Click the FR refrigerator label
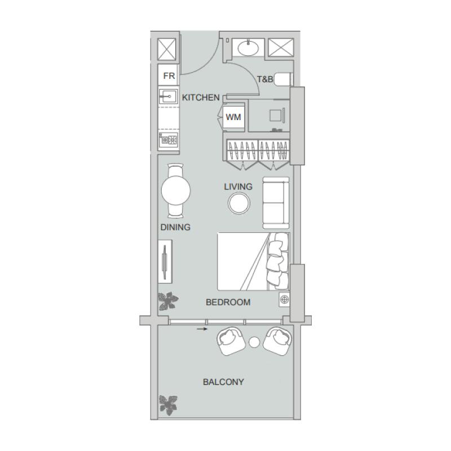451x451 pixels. (168, 76)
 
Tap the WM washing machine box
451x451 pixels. (233, 117)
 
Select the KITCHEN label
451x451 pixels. (201, 98)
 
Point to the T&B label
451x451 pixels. (265, 79)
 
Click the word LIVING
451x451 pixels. (238, 186)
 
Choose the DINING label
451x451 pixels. (175, 228)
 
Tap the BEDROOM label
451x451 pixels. (228, 302)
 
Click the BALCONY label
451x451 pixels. (223, 382)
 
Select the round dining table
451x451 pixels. (176, 191)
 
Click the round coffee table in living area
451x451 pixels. (238, 204)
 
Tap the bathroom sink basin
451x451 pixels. (247, 48)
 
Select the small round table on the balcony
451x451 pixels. (254, 342)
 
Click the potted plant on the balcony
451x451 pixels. (167, 404)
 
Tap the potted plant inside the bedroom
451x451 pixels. (167, 302)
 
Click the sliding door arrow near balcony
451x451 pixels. (200, 327)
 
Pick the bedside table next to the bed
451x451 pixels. (284, 299)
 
